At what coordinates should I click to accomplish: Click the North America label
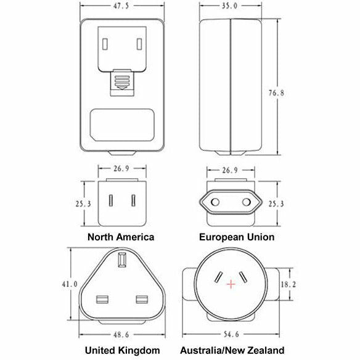121,237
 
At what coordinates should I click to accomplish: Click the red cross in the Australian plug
231,284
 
